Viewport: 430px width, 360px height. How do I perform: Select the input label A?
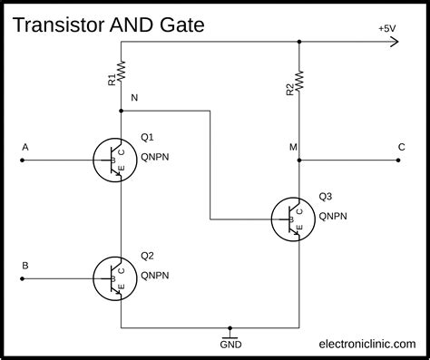(x=24, y=146)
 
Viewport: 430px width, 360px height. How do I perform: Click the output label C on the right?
(x=401, y=146)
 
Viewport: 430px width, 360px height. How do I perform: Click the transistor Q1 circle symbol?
(x=114, y=159)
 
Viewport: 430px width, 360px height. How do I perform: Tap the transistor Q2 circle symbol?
(x=114, y=278)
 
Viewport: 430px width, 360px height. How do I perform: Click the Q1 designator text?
(x=147, y=138)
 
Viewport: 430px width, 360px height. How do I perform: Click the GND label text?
(x=231, y=345)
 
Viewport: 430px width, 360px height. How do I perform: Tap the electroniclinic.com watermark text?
(x=367, y=345)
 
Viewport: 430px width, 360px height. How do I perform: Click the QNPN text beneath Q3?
(x=333, y=217)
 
